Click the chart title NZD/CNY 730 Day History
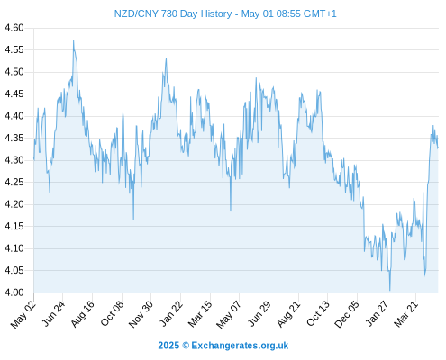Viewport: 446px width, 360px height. (173, 13)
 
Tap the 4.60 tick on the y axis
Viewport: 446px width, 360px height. (14, 28)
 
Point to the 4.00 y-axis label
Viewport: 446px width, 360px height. (14, 292)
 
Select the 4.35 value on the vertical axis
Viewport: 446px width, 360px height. (14, 138)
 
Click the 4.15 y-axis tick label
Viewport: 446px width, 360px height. (14, 226)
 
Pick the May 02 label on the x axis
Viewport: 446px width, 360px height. (23, 314)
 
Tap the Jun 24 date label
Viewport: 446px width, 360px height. (53, 313)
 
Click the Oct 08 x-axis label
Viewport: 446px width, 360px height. (112, 313)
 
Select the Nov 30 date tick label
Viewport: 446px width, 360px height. (141, 314)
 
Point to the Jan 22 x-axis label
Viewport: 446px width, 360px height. (171, 313)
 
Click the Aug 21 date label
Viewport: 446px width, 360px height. (288, 313)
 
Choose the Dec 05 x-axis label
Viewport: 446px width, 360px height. (347, 314)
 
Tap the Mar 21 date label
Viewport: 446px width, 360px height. (406, 313)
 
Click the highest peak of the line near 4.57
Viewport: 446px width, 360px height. (73, 40)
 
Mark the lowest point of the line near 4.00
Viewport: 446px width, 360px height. (390, 290)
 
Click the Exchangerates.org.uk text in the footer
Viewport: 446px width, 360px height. (240, 346)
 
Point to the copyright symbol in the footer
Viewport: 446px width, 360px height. (186, 346)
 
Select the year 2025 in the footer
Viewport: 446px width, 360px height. (168, 346)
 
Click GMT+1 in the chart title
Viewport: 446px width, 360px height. (320, 13)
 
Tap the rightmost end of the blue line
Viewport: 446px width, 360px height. (438, 148)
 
